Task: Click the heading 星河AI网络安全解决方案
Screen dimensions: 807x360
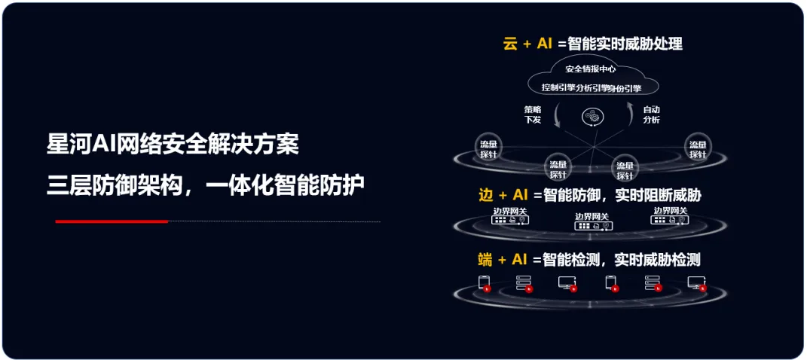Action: point(173,144)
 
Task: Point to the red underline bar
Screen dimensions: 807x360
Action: point(112,221)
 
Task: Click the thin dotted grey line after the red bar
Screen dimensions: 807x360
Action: point(274,221)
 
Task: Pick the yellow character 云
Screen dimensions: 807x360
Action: point(511,44)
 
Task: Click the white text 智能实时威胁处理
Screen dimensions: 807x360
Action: point(625,44)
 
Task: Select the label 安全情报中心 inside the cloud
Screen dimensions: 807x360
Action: point(591,69)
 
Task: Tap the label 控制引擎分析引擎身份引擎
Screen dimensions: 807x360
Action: point(591,87)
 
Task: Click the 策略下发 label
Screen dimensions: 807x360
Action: point(533,114)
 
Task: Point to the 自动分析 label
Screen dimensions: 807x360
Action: point(651,114)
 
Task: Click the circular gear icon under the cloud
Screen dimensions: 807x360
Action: point(592,117)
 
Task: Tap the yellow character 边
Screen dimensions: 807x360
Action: point(486,196)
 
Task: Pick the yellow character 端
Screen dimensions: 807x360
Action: point(486,261)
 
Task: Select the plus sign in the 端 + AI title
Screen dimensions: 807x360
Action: point(502,261)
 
